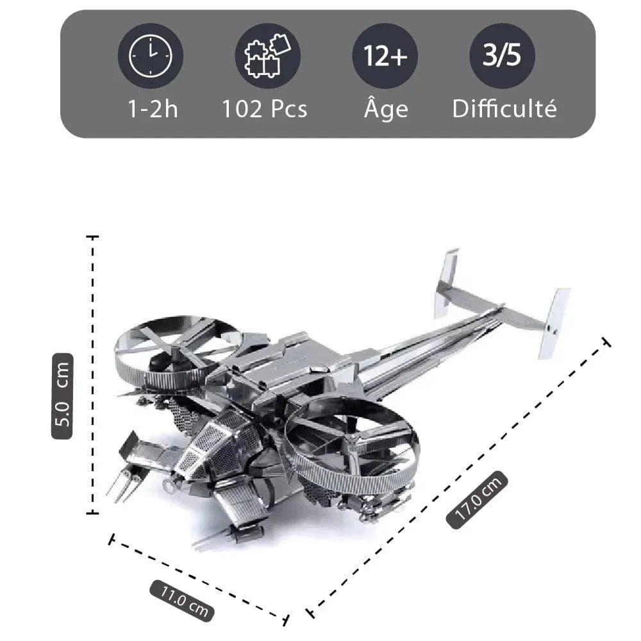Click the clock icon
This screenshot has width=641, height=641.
[x=151, y=56]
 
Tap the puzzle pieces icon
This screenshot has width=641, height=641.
[x=267, y=56]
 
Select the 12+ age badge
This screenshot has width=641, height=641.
[x=385, y=56]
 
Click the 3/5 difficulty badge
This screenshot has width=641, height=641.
[x=503, y=56]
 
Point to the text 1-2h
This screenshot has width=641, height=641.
[x=153, y=109]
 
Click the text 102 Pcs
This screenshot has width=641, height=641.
[x=265, y=109]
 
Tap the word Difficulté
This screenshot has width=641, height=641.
[x=504, y=108]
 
